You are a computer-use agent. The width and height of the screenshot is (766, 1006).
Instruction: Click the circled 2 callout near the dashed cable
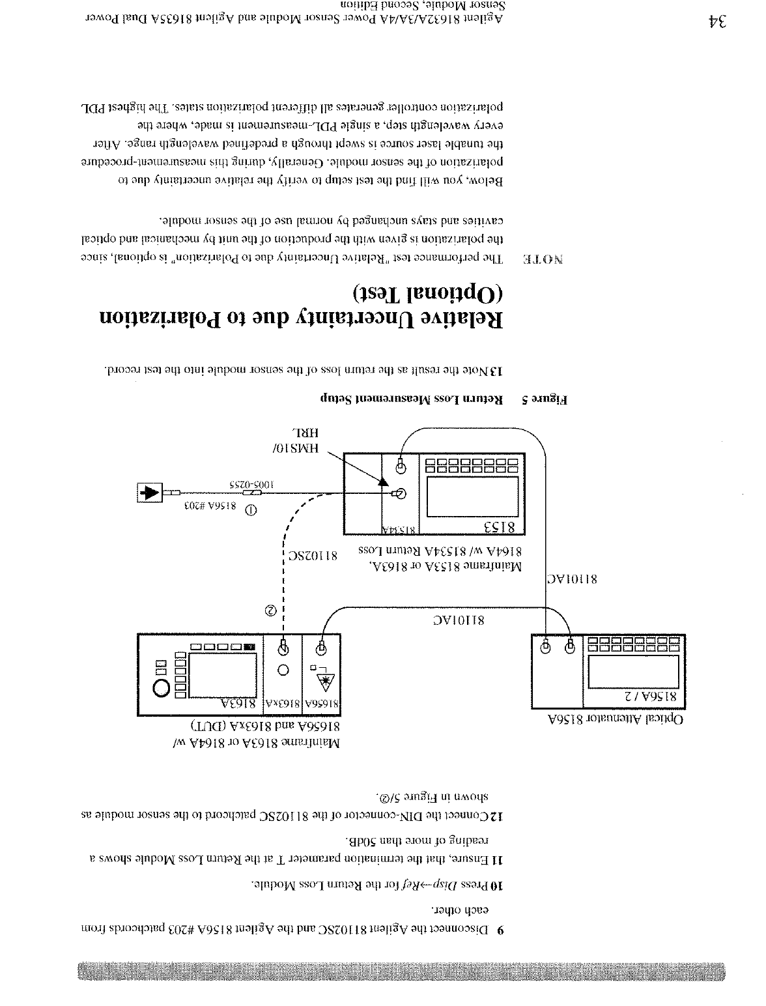point(270,611)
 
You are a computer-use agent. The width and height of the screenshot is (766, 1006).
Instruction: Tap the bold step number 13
point(496,371)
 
